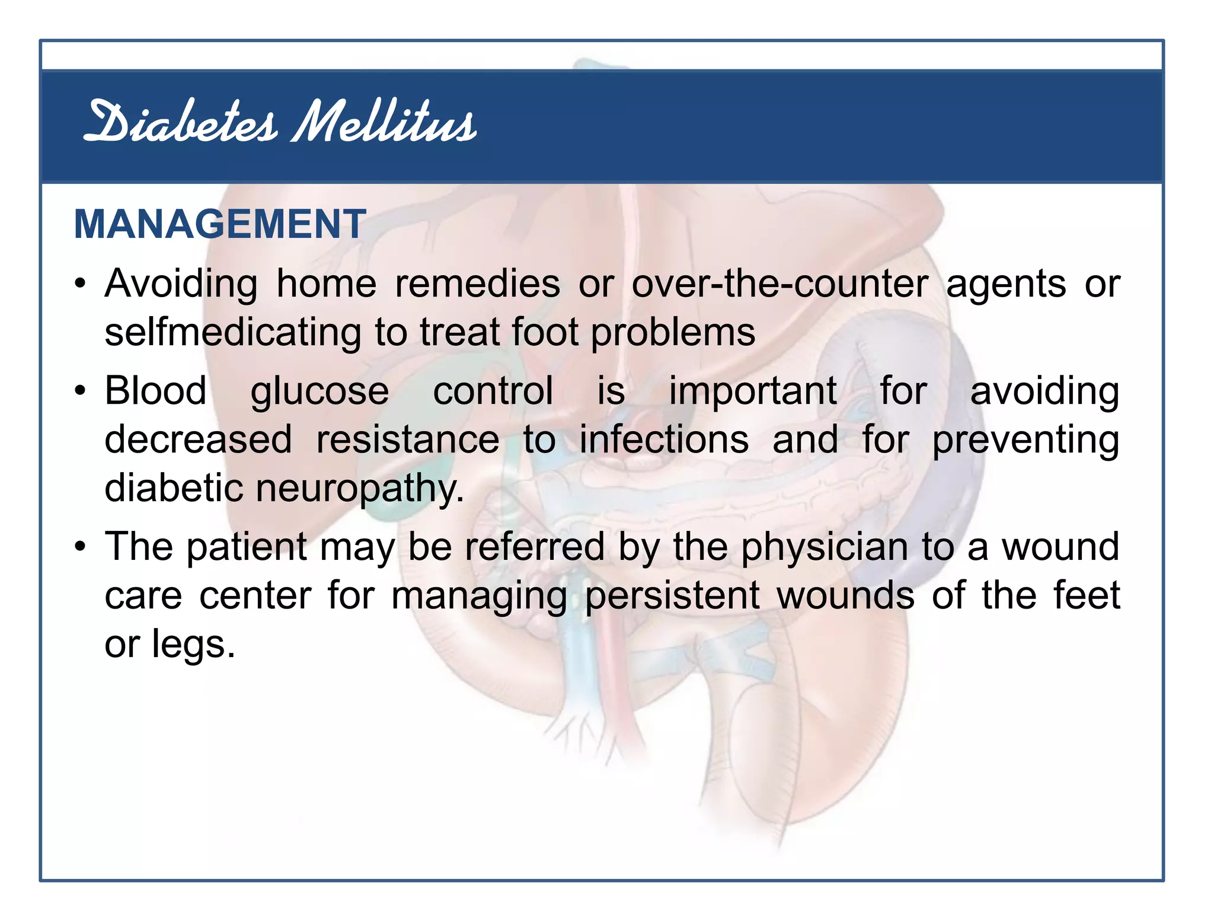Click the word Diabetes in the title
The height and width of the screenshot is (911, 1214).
(181, 123)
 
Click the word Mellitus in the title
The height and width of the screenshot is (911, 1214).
(384, 123)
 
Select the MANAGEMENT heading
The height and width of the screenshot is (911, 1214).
(220, 224)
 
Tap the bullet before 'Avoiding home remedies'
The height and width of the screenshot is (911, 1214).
(81, 283)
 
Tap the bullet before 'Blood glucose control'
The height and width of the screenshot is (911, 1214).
(81, 391)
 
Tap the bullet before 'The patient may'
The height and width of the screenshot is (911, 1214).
(81, 546)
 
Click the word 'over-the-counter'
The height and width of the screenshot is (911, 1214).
(779, 284)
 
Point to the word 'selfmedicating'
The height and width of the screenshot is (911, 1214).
(232, 332)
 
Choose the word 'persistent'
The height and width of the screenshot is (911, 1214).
(672, 595)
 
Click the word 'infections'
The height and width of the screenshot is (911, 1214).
(664, 440)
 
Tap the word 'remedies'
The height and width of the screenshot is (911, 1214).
(477, 284)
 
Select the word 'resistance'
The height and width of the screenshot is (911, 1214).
(408, 440)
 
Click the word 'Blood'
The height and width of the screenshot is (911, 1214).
(156, 391)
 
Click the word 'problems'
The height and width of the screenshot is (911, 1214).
(673, 332)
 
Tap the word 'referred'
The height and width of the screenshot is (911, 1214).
(534, 547)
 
